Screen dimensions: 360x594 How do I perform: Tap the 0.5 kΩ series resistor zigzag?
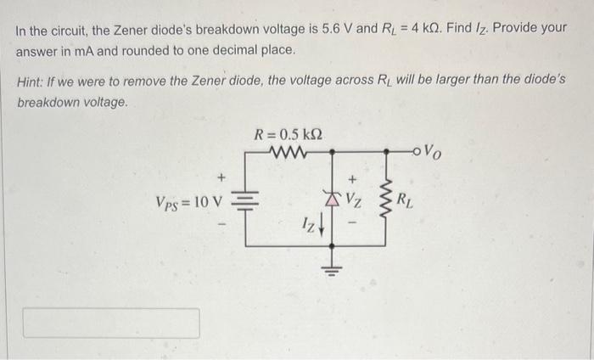point(288,153)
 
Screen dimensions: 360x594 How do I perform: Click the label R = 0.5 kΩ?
point(289,134)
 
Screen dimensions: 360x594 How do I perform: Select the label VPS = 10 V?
point(188,203)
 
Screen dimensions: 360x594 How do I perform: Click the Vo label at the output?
point(432,154)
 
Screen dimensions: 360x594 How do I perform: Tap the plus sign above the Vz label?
point(354,180)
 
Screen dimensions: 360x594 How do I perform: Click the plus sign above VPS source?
point(222,178)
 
